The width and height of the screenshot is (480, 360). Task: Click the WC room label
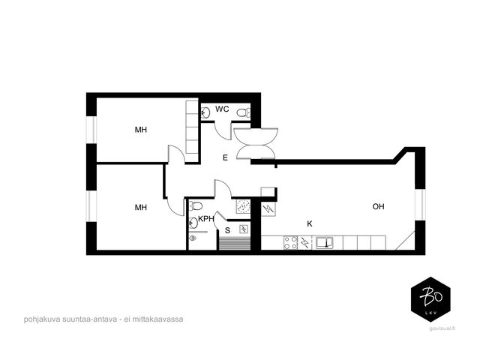click(222, 109)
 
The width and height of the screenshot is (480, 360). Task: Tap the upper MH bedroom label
click(141, 130)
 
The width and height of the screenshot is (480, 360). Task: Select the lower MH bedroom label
click(141, 207)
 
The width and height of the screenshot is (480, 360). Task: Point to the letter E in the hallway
click(225, 157)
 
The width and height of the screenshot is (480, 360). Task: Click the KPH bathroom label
click(206, 219)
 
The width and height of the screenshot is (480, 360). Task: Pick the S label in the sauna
click(227, 230)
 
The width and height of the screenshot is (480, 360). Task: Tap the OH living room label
click(378, 206)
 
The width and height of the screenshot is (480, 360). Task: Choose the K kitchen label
click(310, 223)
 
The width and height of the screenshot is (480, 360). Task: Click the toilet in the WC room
click(244, 113)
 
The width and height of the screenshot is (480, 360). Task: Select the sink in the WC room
click(205, 112)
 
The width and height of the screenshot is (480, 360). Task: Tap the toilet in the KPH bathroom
click(195, 205)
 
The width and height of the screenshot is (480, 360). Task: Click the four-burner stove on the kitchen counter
click(290, 242)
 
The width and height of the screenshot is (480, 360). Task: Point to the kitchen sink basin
click(325, 242)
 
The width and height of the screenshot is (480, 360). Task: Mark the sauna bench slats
click(235, 244)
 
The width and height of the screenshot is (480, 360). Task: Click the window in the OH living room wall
click(420, 205)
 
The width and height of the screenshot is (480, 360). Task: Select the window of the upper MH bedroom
click(91, 129)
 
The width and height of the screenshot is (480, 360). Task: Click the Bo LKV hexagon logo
click(430, 299)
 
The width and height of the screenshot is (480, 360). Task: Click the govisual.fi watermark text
click(442, 328)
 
